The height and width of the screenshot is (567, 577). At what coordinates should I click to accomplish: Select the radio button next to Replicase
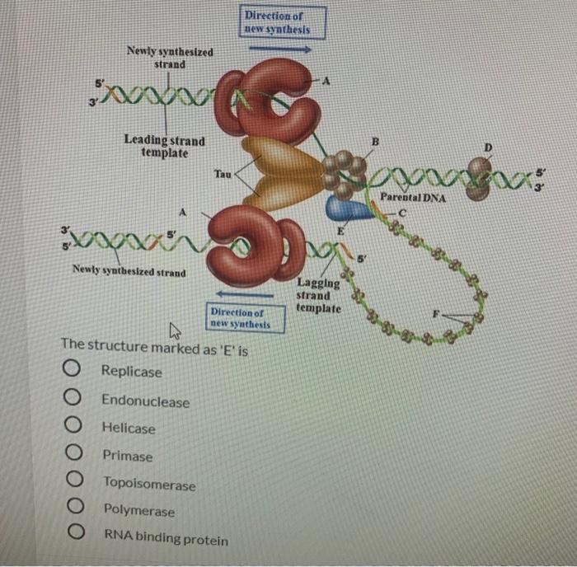point(72,368)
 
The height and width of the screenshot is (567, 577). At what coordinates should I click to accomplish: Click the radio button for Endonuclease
point(73,396)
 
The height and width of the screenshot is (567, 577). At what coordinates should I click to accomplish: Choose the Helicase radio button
point(73,424)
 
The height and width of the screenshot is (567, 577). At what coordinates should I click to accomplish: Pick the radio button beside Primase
point(74,452)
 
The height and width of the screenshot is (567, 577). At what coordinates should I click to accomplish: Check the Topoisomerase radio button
point(75,479)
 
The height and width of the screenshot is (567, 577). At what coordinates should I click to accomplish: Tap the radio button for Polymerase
point(76,505)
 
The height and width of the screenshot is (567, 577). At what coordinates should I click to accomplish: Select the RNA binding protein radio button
point(77,532)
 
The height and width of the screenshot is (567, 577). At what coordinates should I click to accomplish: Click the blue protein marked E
point(348,209)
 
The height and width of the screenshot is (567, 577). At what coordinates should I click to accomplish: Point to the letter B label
point(375,142)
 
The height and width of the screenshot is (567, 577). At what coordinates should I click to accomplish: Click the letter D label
point(488,148)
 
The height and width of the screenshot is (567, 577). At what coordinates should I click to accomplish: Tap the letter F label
point(436,314)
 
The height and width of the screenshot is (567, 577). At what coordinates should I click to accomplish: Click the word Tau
point(223,174)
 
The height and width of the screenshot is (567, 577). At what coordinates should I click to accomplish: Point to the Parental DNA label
point(412,198)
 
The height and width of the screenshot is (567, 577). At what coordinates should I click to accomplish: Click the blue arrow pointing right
point(280,49)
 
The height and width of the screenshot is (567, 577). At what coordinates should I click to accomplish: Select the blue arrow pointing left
point(245,294)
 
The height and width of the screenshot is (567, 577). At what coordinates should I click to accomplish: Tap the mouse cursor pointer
point(174,330)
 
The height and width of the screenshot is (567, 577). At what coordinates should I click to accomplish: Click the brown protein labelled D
point(480,179)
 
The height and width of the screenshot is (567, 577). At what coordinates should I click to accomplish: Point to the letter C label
point(402,213)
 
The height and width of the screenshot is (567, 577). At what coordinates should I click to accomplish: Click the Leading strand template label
point(165,146)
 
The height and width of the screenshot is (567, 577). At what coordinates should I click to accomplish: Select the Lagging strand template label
point(319,296)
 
